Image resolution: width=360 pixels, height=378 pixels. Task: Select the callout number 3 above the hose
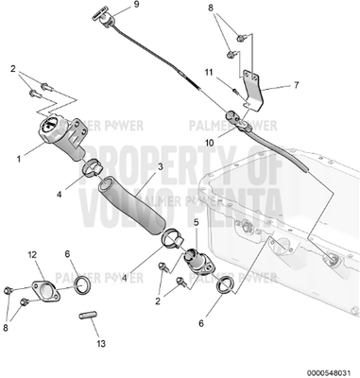tap(161, 167)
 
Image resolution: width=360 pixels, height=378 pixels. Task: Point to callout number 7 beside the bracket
tap(295, 84)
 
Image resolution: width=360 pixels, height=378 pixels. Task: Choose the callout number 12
tap(30, 253)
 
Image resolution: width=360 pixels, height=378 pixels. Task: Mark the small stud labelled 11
tap(232, 88)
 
